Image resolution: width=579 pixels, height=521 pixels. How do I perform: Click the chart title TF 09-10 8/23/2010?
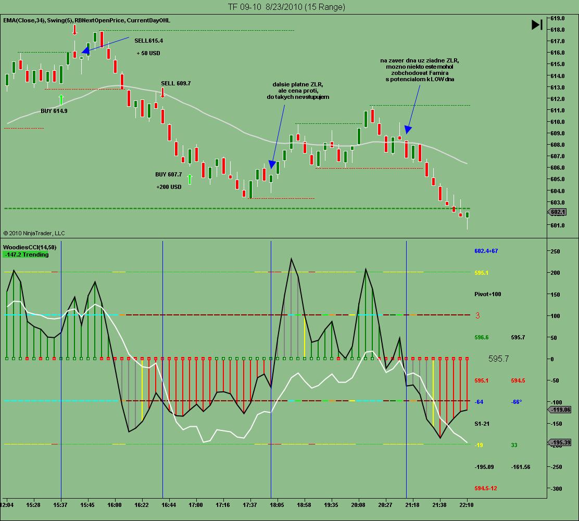click(x=286, y=7)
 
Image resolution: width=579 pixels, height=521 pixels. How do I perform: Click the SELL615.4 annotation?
click(x=148, y=40)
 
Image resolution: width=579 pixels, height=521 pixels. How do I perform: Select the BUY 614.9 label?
click(x=54, y=111)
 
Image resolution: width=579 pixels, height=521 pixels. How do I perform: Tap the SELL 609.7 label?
click(x=175, y=83)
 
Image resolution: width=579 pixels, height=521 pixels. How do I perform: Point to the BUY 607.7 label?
click(x=169, y=174)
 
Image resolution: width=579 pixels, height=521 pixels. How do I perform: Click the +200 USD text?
click(x=169, y=187)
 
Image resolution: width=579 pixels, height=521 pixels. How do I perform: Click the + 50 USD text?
click(x=148, y=53)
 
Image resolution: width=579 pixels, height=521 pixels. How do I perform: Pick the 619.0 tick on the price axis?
click(x=558, y=18)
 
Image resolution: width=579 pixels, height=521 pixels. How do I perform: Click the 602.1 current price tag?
click(x=558, y=212)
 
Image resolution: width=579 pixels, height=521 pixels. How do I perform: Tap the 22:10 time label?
click(x=467, y=504)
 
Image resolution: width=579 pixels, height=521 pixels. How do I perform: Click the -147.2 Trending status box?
click(x=26, y=255)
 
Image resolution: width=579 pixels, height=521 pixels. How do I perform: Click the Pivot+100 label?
click(x=488, y=294)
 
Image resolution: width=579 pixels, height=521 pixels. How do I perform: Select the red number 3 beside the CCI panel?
click(x=477, y=315)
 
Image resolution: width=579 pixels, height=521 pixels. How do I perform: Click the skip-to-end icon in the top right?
click(x=537, y=24)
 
